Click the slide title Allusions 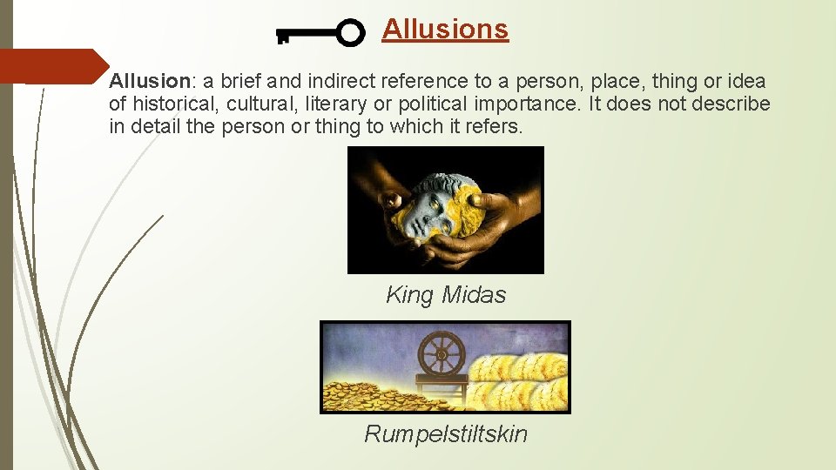(444, 29)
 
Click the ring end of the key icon (350, 33)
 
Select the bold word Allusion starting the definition (149, 82)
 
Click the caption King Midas (446, 295)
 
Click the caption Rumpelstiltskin (446, 433)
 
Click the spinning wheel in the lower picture (442, 356)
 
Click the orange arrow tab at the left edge (52, 66)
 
